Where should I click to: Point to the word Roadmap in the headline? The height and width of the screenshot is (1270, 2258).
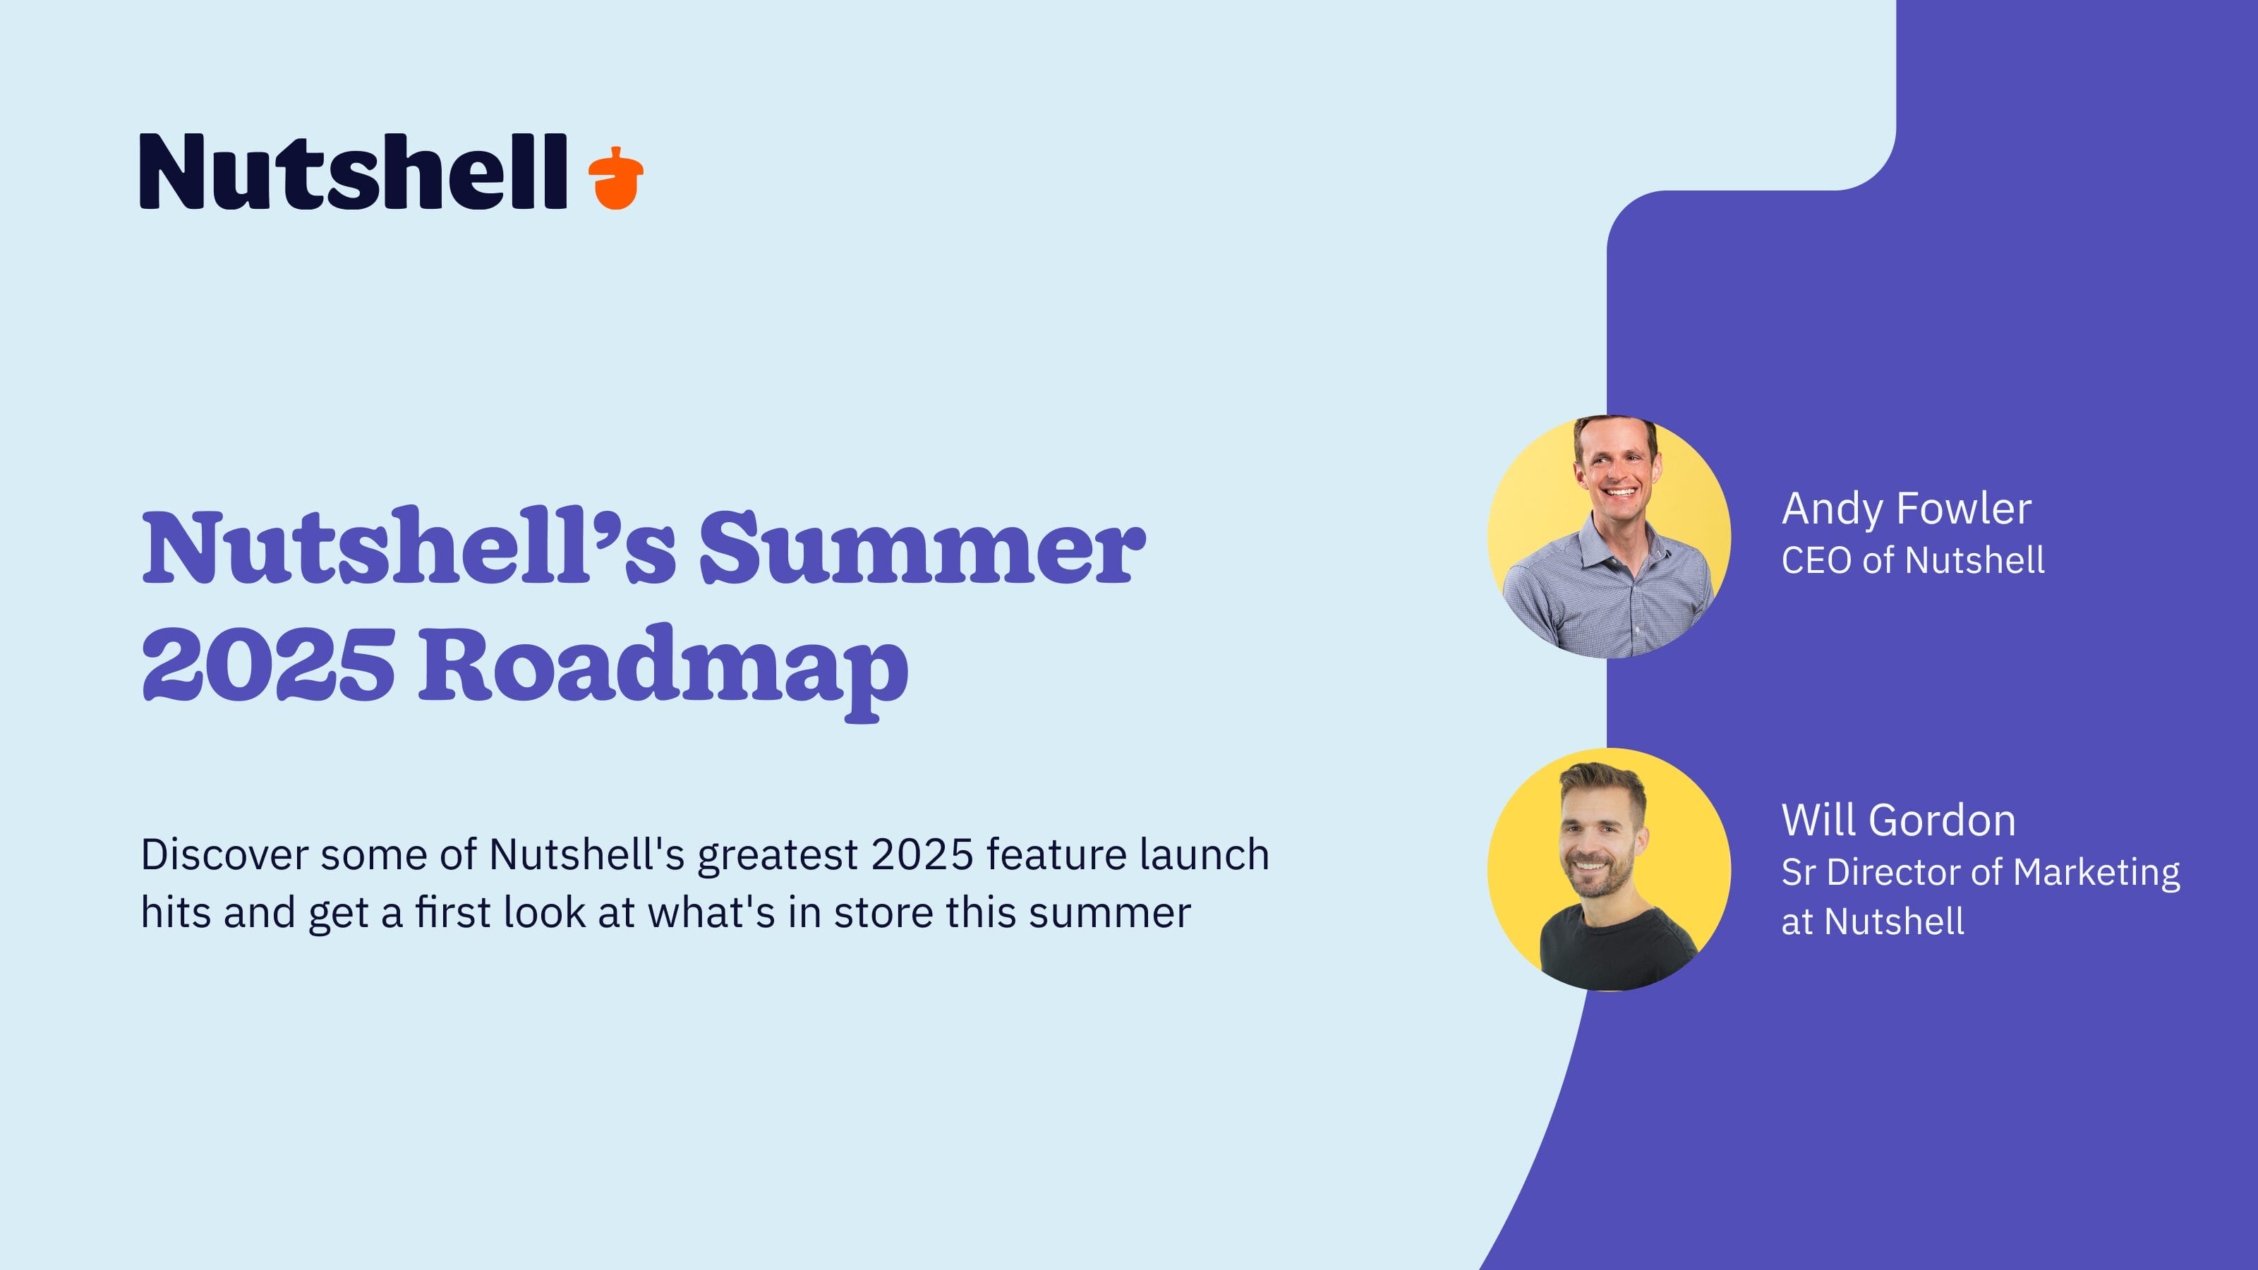click(x=663, y=666)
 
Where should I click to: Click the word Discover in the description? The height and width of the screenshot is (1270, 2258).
click(x=224, y=854)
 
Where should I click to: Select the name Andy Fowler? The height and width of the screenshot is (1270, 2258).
click(x=1907, y=509)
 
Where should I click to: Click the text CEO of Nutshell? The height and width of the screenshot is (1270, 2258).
click(x=1913, y=560)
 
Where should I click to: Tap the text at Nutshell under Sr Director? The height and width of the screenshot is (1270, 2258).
click(x=1872, y=922)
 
